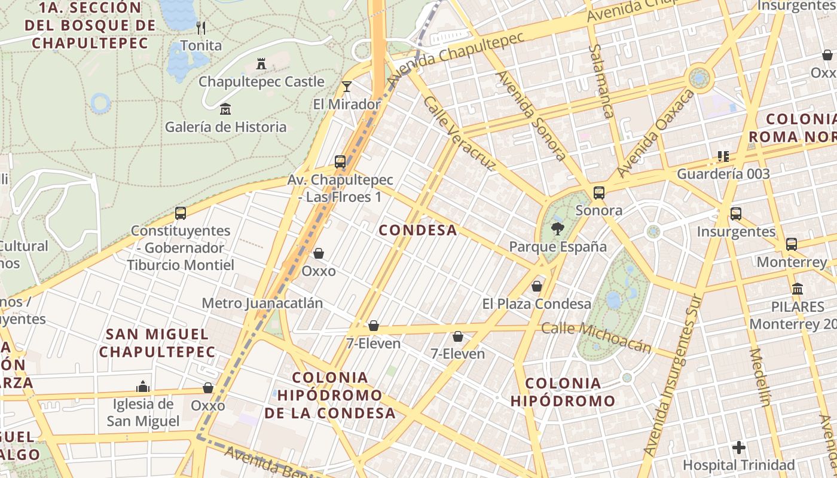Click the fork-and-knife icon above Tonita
tap(201, 27)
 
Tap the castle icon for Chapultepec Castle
tap(261, 63)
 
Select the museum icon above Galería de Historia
tap(225, 109)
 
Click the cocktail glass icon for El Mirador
tap(347, 86)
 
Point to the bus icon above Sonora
tap(598, 192)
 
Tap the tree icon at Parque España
tap(557, 228)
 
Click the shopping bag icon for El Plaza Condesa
tap(537, 286)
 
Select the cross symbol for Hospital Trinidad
tap(739, 447)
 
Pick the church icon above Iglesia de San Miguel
tap(143, 387)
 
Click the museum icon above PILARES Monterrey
tap(797, 289)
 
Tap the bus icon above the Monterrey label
tap(792, 244)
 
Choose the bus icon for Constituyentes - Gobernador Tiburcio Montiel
tap(181, 213)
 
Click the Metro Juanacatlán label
tap(262, 303)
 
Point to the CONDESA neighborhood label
tap(418, 230)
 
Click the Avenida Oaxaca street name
tap(656, 133)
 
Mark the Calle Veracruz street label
tap(459, 133)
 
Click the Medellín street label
tap(760, 377)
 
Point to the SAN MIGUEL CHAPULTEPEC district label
tap(157, 343)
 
